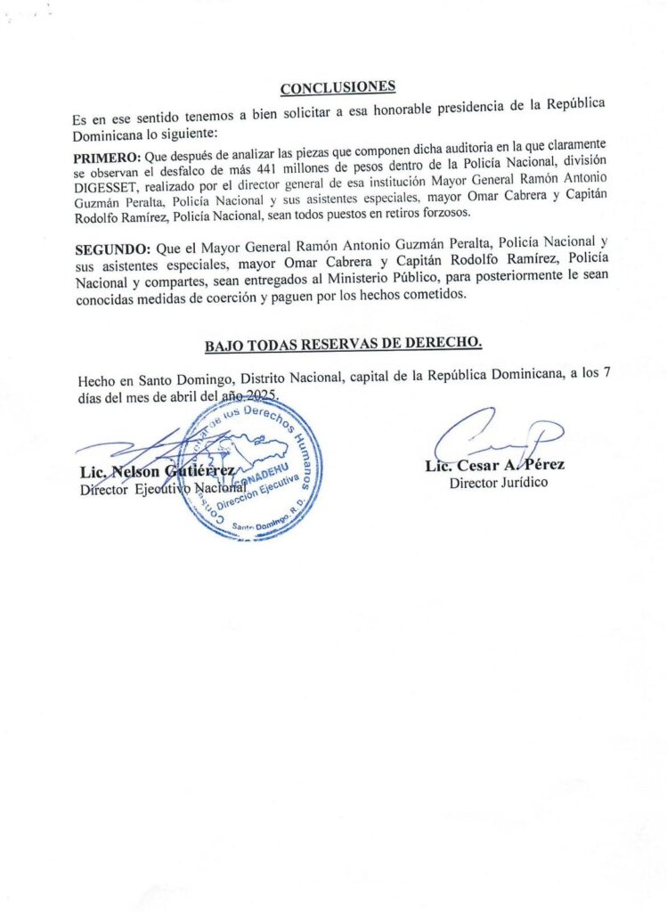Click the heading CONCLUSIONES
tap(338, 88)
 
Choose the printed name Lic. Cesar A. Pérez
tap(494, 465)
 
